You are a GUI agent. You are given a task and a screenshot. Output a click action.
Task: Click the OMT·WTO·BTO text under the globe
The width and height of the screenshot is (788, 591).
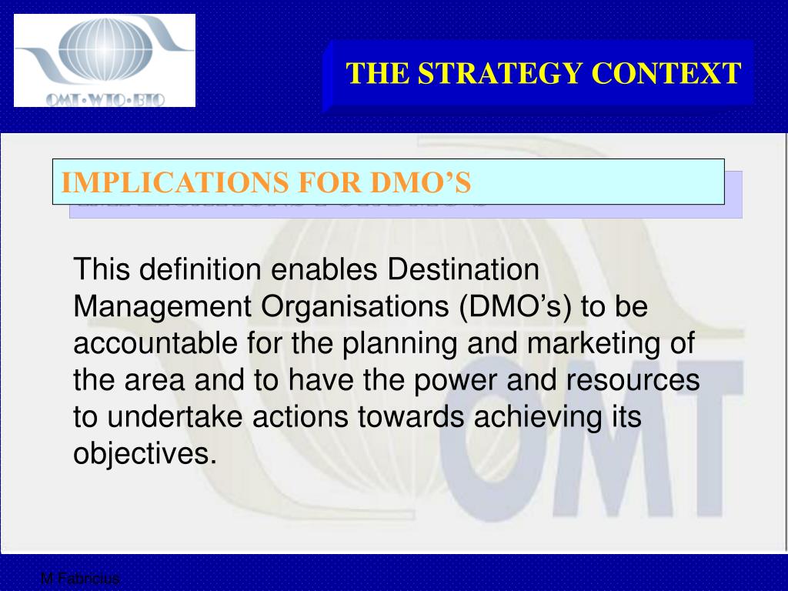105,98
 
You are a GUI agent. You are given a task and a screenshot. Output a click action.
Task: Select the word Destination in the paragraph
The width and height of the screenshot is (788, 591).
463,270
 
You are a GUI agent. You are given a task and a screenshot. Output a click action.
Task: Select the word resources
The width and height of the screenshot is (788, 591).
637,380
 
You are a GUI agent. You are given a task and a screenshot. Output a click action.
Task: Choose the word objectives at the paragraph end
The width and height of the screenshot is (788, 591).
142,454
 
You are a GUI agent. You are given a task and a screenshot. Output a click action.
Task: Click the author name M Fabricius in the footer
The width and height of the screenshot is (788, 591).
80,579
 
